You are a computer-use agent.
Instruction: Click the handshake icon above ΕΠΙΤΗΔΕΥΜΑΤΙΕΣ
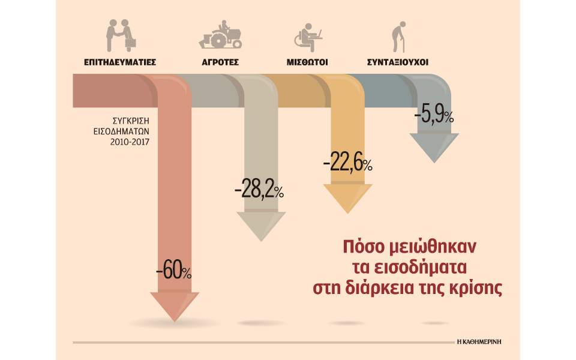tap(121, 35)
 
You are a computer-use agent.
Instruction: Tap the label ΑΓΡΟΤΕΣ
tap(220, 62)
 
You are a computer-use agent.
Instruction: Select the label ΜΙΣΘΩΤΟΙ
tap(307, 62)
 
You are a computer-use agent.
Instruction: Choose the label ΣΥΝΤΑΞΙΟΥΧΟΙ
tap(398, 62)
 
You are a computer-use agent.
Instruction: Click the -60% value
tap(174, 271)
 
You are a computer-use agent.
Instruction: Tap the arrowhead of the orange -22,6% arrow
tap(347, 198)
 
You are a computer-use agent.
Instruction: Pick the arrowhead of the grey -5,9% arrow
tap(434, 147)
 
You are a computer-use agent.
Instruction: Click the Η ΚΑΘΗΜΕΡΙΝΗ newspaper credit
tap(478, 340)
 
